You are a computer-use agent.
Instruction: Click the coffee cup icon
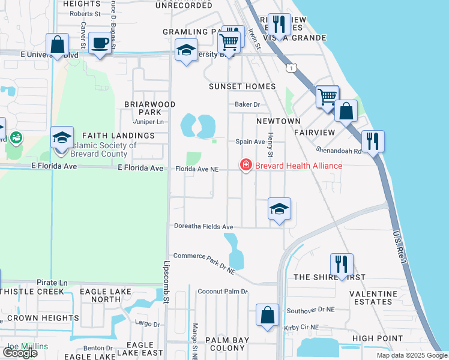(100, 43)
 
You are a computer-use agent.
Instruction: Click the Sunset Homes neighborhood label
(242, 86)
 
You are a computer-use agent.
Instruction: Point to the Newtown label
(278, 121)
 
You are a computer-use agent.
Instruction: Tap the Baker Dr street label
(247, 104)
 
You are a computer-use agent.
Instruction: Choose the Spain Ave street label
(250, 142)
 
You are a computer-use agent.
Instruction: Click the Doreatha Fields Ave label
(203, 227)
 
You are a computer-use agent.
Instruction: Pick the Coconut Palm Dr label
(223, 292)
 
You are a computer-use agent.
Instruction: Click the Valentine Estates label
(375, 298)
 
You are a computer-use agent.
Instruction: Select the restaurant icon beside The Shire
(341, 264)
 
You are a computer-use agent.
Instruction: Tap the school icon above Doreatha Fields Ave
(279, 209)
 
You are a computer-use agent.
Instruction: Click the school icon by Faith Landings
(62, 138)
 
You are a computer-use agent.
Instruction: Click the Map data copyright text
(412, 355)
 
